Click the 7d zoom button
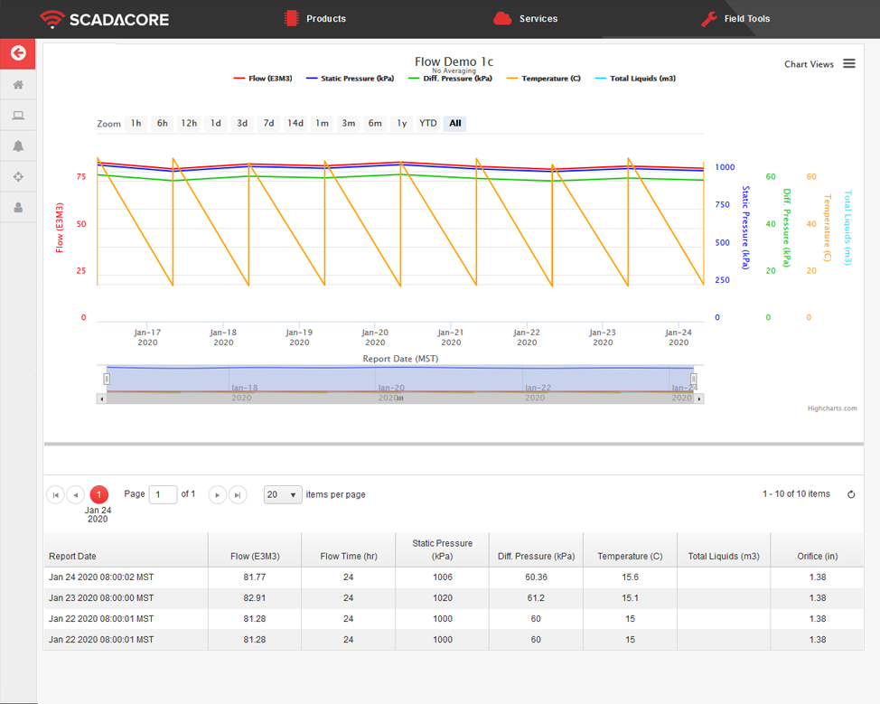point(268,123)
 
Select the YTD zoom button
point(427,123)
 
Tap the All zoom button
point(454,123)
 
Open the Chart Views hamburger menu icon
point(849,63)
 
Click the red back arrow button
point(18,53)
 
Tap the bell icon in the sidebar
point(18,146)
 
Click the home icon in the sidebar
point(18,85)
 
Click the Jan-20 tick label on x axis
point(375,337)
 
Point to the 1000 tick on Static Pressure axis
point(725,167)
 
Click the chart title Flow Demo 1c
point(454,61)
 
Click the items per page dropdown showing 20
point(282,494)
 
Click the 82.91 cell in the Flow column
point(254,598)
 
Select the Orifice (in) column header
point(817,556)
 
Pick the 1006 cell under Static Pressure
point(442,577)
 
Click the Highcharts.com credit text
point(832,408)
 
